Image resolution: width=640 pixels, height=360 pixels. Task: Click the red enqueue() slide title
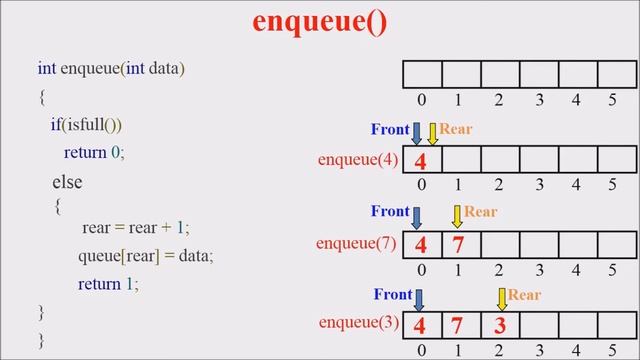point(319,21)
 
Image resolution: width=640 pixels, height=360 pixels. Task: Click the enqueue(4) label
point(358,160)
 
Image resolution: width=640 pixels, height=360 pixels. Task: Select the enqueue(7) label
point(356,243)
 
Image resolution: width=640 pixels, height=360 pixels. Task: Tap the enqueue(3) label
point(359,323)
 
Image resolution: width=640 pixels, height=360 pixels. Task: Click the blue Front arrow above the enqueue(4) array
point(417,133)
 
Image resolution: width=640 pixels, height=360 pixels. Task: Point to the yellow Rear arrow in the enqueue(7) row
point(457,215)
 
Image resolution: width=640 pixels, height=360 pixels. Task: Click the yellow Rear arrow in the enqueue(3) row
point(502,298)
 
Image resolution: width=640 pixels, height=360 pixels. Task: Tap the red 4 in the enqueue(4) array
point(421,161)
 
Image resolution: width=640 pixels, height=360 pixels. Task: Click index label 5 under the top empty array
point(612,100)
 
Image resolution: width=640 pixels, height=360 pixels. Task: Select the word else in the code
point(67,183)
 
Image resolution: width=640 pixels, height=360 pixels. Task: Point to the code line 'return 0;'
point(94,153)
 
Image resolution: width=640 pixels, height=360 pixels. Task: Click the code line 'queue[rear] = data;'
point(146,256)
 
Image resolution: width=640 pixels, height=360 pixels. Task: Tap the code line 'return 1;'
point(108,284)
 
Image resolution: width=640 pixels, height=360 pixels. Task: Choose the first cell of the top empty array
point(422,75)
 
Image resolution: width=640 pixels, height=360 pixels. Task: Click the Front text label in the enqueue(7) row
point(390,212)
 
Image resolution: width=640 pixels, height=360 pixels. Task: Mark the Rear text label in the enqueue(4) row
point(456,129)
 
